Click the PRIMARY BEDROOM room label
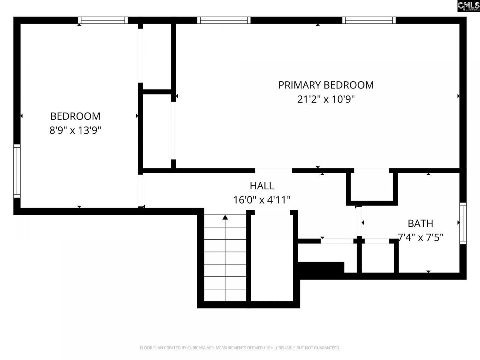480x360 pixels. [325, 85]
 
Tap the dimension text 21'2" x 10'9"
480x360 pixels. [325, 99]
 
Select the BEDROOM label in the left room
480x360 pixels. [75, 116]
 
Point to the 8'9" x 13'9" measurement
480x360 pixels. [75, 130]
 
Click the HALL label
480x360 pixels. [262, 186]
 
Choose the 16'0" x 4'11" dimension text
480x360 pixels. [262, 200]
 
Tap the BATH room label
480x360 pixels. [420, 223]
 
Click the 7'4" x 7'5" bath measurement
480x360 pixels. [420, 237]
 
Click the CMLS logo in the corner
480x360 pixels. [468, 6]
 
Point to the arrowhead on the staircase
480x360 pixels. [225, 217]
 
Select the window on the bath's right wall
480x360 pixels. [463, 223]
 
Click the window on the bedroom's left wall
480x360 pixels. [17, 171]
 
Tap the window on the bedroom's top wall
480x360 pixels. [103, 20]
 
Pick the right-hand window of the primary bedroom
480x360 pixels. [369, 20]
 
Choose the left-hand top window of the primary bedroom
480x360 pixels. [223, 20]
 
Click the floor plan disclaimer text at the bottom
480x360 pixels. [240, 348]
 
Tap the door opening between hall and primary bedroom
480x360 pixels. [273, 171]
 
